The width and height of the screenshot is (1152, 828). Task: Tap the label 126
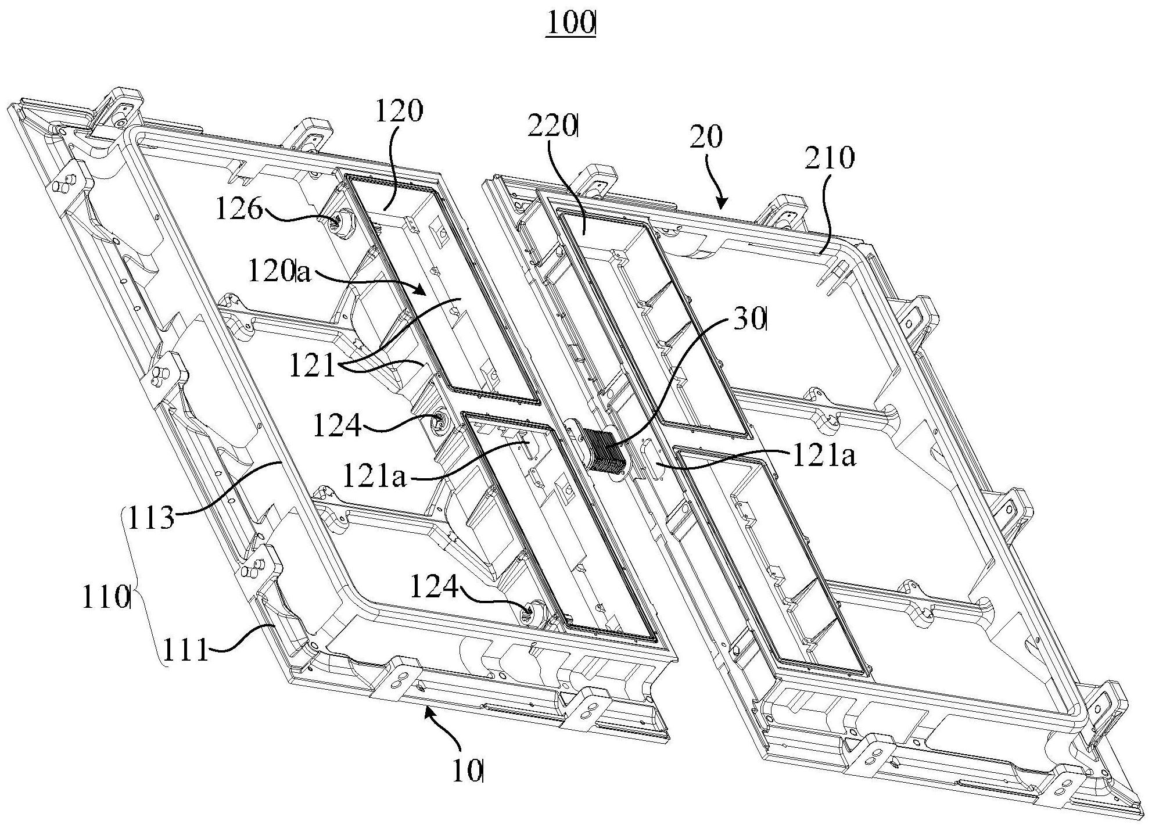239,209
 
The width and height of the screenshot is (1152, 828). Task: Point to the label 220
552,127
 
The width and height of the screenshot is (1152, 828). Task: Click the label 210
830,157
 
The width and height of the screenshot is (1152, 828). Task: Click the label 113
150,517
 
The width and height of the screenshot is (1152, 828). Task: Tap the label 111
185,650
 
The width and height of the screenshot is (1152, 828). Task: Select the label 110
105,597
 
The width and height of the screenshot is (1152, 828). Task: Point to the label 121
313,367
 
